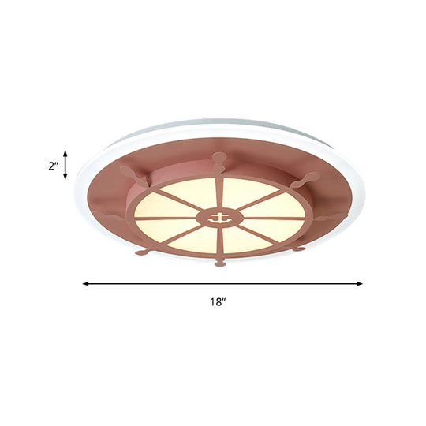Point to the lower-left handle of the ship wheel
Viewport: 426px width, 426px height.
(142, 252)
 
